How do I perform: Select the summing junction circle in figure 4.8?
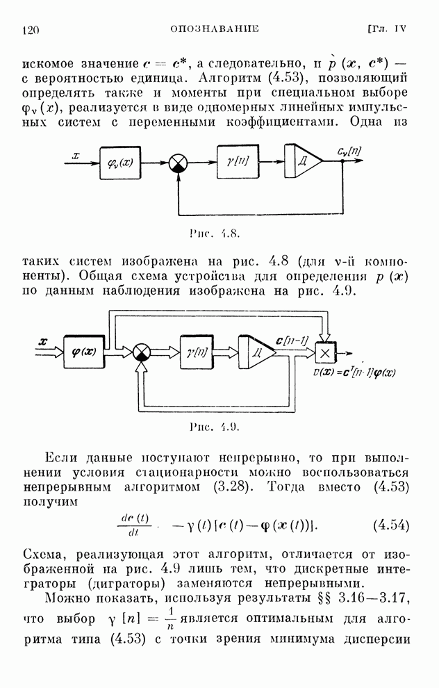click(179, 163)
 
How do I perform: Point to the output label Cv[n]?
click(348, 151)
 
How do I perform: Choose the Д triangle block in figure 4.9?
click(256, 352)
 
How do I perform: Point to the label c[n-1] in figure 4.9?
click(292, 340)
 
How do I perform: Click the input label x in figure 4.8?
click(77, 156)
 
